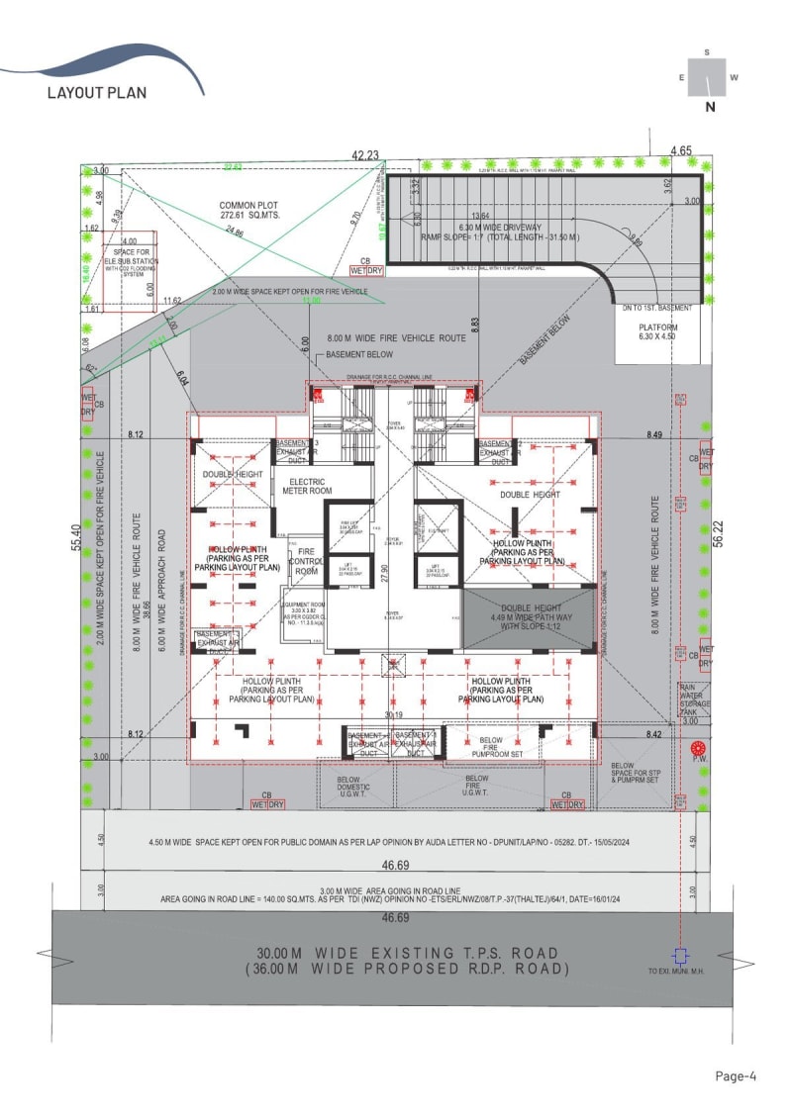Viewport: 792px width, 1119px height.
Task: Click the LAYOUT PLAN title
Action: [97, 93]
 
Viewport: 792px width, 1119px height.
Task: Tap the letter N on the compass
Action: [710, 108]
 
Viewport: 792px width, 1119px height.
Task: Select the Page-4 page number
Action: [736, 1076]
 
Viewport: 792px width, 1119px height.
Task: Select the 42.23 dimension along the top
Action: [365, 154]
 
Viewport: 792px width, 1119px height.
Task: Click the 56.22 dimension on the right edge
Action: [719, 535]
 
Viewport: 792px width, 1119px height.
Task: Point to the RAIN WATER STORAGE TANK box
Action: [692, 699]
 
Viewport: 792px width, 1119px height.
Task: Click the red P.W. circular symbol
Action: [699, 749]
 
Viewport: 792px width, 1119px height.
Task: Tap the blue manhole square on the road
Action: [679, 956]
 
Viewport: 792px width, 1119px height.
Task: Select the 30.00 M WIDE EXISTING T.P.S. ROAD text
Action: [406, 953]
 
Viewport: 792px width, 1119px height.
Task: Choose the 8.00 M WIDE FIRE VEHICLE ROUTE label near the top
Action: [396, 338]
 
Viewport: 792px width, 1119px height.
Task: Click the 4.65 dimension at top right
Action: [680, 150]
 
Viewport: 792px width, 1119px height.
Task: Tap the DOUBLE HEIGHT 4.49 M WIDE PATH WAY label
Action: [530, 615]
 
